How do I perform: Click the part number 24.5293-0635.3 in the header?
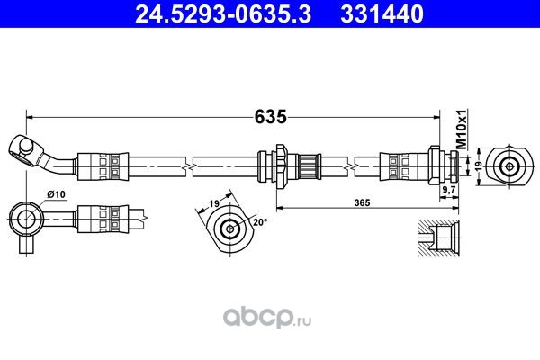(x=223, y=13)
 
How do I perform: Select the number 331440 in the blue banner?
(x=382, y=13)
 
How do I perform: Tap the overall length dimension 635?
(x=270, y=117)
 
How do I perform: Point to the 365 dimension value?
(x=363, y=202)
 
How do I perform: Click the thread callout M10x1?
(x=462, y=130)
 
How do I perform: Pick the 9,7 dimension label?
(x=449, y=190)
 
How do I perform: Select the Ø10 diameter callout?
(x=56, y=194)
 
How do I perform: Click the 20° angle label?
(x=260, y=222)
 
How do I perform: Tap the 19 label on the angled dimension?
(x=214, y=203)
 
